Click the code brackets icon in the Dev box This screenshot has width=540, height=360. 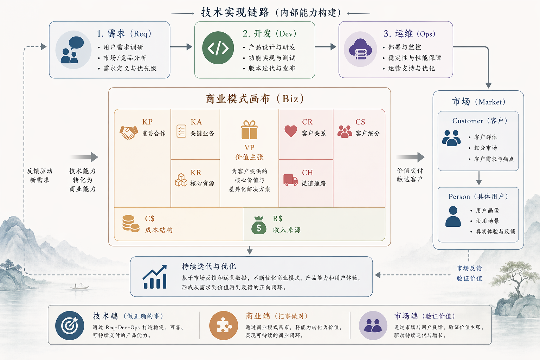[218, 48]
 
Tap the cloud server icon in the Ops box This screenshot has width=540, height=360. [360, 49]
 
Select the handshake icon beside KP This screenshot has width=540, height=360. [129, 132]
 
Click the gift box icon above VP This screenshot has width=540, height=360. [249, 130]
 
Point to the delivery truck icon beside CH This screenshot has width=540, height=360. [291, 180]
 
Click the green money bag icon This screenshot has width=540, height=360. [259, 225]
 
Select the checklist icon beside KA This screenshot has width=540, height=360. [181, 131]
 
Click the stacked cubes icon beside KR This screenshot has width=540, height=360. [181, 180]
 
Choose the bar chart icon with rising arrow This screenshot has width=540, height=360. [155, 277]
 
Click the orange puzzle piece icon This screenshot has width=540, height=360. [224, 326]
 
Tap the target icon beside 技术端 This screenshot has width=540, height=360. [70, 326]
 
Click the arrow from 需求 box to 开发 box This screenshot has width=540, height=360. [181, 47]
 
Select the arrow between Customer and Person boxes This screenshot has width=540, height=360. [478, 178]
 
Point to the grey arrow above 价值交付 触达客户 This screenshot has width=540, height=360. [410, 157]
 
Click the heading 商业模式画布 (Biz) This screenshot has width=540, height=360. [255, 99]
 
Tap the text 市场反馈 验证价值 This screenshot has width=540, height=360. [469, 273]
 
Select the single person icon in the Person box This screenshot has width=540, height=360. [453, 217]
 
